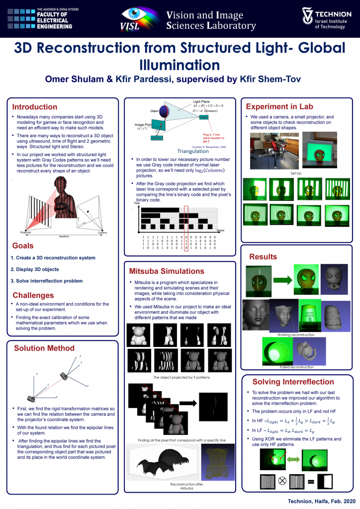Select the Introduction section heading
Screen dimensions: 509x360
pyautogui.click(x=35, y=107)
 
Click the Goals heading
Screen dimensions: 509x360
pyautogui.click(x=23, y=246)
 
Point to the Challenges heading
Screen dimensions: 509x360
pyautogui.click(x=33, y=295)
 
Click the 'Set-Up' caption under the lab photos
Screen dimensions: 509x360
pyautogui.click(x=297, y=173)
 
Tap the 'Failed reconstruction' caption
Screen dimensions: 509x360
pyautogui.click(x=297, y=367)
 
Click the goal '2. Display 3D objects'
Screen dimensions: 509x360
pyautogui.click(x=35, y=269)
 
